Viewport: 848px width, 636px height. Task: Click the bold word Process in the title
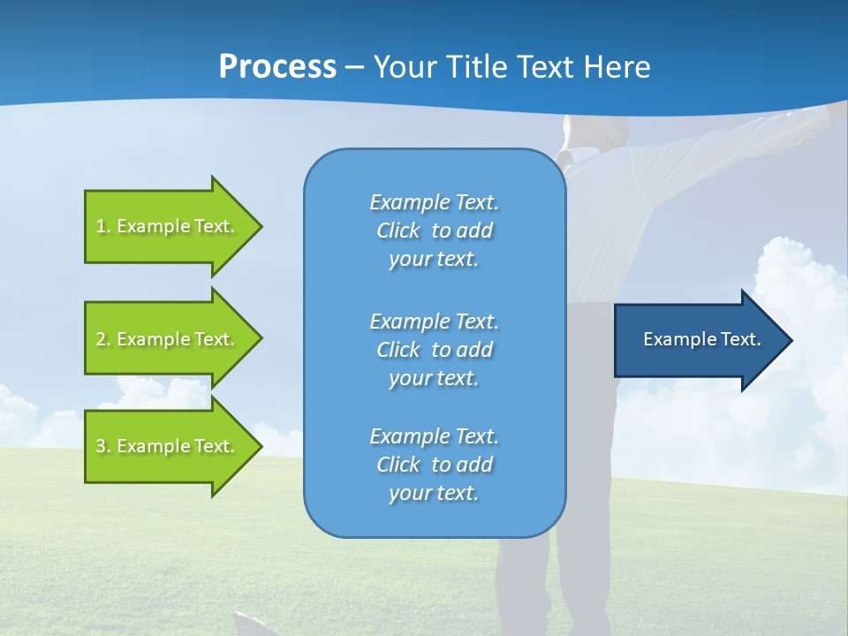click(277, 67)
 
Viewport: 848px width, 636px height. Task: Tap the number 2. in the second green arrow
click(102, 339)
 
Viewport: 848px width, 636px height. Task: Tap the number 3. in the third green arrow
click(102, 446)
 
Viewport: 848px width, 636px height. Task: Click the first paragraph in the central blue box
click(434, 231)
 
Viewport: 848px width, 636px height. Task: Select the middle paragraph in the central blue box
click(434, 349)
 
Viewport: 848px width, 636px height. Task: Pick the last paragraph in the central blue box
click(434, 465)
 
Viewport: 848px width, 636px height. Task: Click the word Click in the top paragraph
click(397, 231)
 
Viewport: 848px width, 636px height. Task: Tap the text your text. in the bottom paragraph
click(434, 493)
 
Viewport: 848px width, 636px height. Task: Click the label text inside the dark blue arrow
click(702, 339)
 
